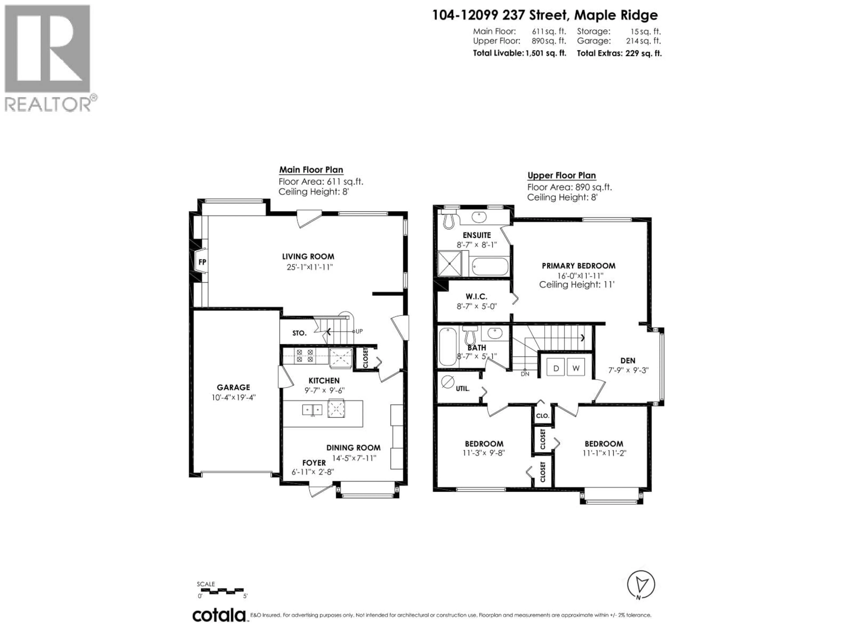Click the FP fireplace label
(202, 262)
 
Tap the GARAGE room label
(233, 387)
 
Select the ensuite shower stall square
(450, 264)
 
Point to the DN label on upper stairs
(525, 374)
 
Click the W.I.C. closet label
(476, 296)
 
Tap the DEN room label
(628, 361)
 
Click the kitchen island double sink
(312, 409)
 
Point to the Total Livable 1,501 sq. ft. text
(519, 53)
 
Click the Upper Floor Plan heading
(562, 176)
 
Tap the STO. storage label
(299, 333)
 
